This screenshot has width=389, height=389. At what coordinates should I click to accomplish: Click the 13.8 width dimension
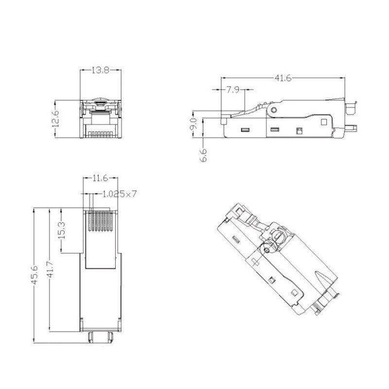click(x=100, y=71)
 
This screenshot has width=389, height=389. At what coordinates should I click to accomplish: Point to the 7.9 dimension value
click(x=232, y=90)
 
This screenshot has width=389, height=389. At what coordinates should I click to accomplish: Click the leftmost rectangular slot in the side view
click(x=245, y=130)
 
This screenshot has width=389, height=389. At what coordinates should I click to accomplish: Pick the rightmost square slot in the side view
click(x=300, y=130)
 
